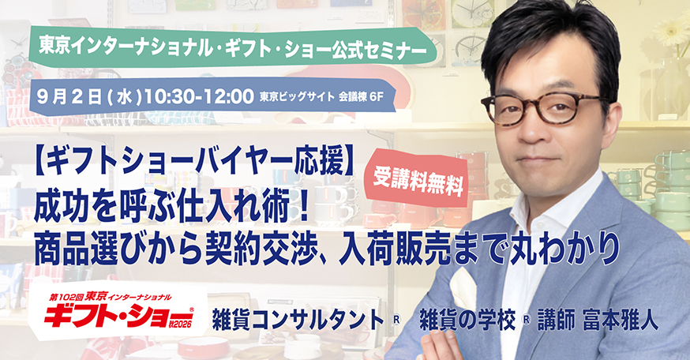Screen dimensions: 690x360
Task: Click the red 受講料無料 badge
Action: click(x=418, y=179)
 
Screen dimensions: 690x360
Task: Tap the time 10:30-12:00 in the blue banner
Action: click(x=199, y=97)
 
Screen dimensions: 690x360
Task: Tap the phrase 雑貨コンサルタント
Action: click(x=298, y=321)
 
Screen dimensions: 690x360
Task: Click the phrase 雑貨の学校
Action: click(x=468, y=321)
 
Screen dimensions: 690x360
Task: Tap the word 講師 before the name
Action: click(x=557, y=321)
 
